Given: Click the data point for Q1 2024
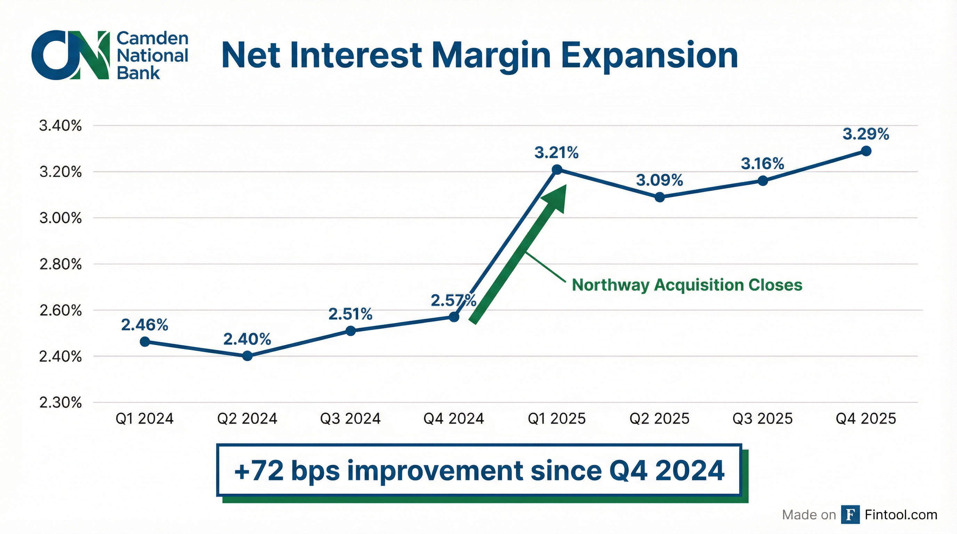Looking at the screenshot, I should click(x=145, y=342).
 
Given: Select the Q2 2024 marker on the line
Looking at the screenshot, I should click(x=248, y=356).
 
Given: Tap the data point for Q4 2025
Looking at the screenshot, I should click(x=866, y=151).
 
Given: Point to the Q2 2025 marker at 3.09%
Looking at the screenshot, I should click(x=660, y=197).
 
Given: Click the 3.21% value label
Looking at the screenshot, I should click(x=556, y=153).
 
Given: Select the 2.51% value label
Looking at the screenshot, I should click(x=350, y=315).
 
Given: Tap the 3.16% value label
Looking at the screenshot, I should click(x=763, y=164).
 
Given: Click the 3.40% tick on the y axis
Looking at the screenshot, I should click(x=61, y=126).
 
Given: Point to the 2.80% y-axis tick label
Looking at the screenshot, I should click(x=61, y=265).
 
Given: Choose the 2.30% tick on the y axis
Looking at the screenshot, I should click(x=61, y=403).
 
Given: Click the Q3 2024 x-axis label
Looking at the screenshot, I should click(x=350, y=419).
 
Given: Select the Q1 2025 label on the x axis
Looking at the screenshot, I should click(x=556, y=419).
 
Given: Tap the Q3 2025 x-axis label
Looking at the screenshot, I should click(x=763, y=419).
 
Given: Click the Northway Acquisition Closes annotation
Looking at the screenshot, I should click(x=687, y=285).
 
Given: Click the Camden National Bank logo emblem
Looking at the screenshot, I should click(x=71, y=55).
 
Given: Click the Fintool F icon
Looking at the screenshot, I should click(x=850, y=515).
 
